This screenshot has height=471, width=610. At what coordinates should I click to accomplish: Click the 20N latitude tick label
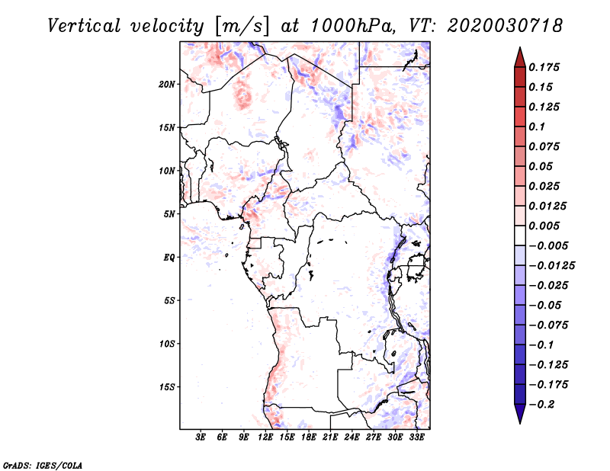click(x=167, y=84)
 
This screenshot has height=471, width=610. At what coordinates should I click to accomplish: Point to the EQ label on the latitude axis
click(x=169, y=257)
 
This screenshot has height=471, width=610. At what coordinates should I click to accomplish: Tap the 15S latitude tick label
click(x=167, y=386)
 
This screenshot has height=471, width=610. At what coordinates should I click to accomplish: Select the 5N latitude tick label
click(x=169, y=213)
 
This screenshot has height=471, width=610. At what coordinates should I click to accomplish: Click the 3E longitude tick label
click(x=201, y=437)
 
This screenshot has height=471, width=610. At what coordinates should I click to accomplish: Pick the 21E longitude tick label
click(x=330, y=437)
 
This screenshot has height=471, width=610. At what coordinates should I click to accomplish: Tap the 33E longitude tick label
click(x=416, y=437)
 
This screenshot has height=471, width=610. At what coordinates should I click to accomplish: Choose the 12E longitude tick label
click(x=266, y=437)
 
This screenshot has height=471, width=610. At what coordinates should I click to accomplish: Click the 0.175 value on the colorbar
click(x=545, y=67)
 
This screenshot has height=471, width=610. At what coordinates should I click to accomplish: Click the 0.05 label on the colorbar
click(x=542, y=166)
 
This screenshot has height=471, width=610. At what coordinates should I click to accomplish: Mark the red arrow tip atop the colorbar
click(x=519, y=52)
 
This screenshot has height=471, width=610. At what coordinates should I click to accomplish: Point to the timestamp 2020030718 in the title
click(x=506, y=25)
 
